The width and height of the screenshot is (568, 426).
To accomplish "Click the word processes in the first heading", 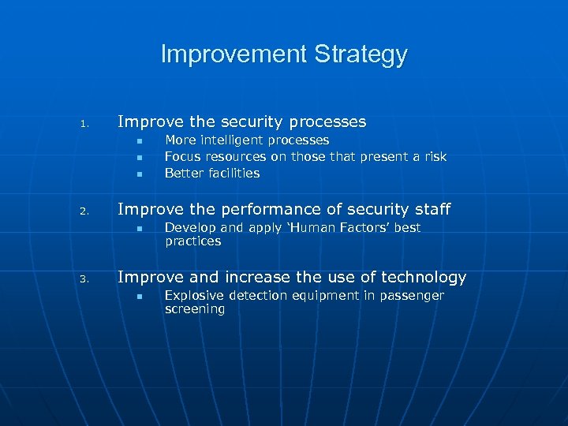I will pos(327,122).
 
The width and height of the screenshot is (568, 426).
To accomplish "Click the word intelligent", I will pos(231,140).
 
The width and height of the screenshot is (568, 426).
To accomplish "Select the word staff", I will pos(431,209).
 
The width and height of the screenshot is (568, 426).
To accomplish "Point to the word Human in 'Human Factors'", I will pos(297,228).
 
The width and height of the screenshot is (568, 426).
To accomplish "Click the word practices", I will pos(193,241).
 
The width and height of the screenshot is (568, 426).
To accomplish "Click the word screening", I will pos(195,309).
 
